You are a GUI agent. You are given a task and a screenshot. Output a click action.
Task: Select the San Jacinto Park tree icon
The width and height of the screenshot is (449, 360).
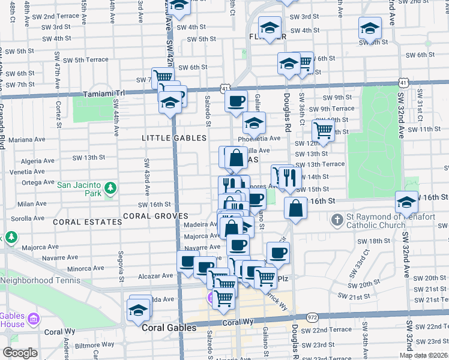tap(110, 189)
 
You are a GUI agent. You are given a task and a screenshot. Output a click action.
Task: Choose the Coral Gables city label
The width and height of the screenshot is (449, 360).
tap(169, 328)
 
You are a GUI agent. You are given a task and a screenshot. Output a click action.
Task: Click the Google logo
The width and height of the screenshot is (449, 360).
tap(20, 353)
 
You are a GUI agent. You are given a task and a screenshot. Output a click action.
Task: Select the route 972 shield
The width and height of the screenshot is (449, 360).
tap(312, 316)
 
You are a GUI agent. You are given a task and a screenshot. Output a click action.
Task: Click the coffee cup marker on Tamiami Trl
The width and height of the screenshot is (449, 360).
tap(237, 100)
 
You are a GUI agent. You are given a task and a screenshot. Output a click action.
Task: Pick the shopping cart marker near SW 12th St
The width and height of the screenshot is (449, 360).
tap(324, 130)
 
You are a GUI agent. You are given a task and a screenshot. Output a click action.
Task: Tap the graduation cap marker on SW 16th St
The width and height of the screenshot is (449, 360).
tap(406, 202)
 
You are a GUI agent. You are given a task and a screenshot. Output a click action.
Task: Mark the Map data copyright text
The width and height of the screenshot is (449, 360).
tap(423, 355)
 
